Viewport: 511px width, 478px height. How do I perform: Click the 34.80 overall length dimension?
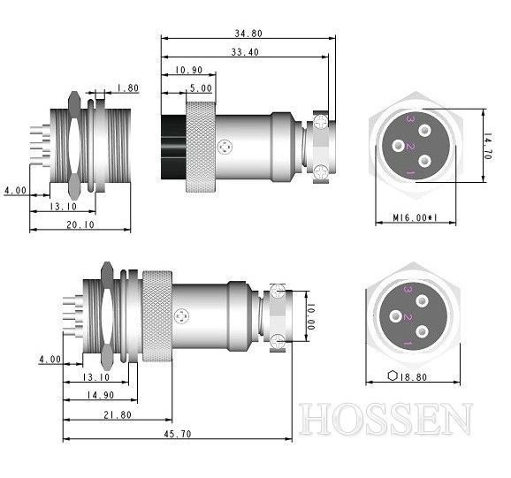[248, 32]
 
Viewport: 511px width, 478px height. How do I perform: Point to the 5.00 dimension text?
[201, 88]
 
